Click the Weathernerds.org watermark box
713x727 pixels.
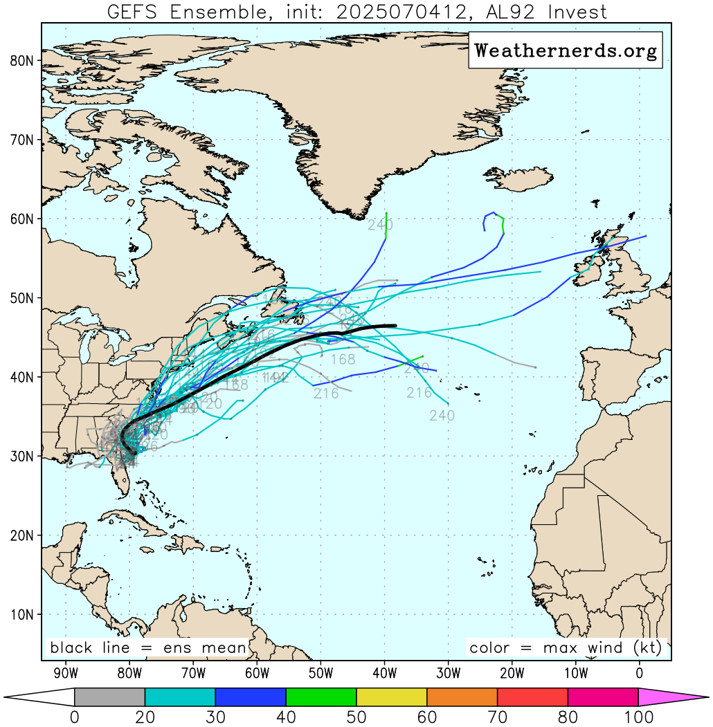pyautogui.click(x=566, y=50)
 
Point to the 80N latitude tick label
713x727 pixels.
pyautogui.click(x=21, y=61)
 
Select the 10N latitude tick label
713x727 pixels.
pyautogui.click(x=21, y=614)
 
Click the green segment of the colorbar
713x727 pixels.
pyautogui.click(x=321, y=697)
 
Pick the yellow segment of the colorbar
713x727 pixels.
pyautogui.click(x=391, y=697)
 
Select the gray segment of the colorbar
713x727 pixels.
pyautogui.click(x=109, y=697)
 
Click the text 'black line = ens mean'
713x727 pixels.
pyautogui.click(x=148, y=648)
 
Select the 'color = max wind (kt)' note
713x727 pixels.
pyautogui.click(x=566, y=648)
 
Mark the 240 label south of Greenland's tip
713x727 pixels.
pyautogui.click(x=380, y=225)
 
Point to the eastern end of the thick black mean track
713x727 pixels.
pyautogui.click(x=395, y=325)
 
